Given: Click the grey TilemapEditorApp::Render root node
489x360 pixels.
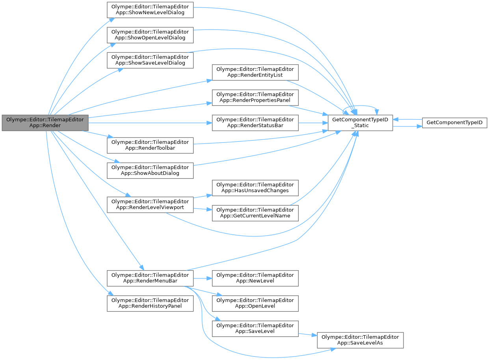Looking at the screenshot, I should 45,123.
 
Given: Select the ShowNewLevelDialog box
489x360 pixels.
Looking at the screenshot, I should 150,9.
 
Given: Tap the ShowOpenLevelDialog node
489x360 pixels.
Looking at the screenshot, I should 150,35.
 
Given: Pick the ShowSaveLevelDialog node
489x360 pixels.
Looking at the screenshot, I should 150,60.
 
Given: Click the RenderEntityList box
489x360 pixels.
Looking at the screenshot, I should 255,72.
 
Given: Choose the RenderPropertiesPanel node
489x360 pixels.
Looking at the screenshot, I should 255,97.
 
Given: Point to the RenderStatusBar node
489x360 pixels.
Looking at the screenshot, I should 255,123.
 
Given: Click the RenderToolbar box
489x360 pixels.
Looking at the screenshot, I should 150,145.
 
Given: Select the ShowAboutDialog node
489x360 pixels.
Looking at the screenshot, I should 150,170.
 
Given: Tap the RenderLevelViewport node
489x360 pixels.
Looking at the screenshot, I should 150,204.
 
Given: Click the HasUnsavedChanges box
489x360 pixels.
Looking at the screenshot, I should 255,187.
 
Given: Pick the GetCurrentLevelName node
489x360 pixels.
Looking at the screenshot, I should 255,213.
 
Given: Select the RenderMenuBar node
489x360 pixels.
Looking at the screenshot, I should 150,278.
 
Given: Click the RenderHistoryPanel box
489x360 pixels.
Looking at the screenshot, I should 150,303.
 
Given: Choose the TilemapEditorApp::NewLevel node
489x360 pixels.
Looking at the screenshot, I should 255,278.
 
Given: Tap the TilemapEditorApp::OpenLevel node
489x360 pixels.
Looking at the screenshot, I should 255,303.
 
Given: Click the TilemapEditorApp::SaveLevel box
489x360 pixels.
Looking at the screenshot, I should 255,328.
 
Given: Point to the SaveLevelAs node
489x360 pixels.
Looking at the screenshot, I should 360,340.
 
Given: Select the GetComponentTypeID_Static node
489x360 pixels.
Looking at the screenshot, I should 360,123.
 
